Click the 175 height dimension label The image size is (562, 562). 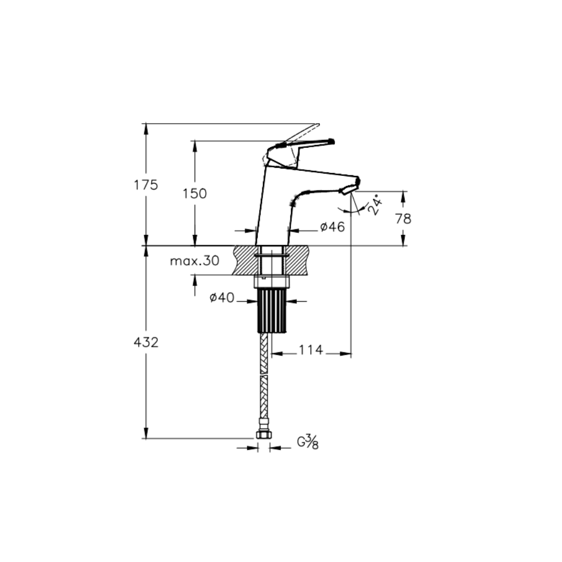click(146, 185)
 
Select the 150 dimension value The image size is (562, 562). click(195, 193)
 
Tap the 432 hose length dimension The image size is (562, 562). click(146, 342)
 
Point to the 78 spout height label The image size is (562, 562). click(403, 219)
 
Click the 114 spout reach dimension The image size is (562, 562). click(311, 350)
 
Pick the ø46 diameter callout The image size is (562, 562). click(332, 226)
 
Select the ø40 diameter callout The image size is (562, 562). click(222, 297)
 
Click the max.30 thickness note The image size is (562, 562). click(194, 261)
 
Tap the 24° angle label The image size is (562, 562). click(375, 205)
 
